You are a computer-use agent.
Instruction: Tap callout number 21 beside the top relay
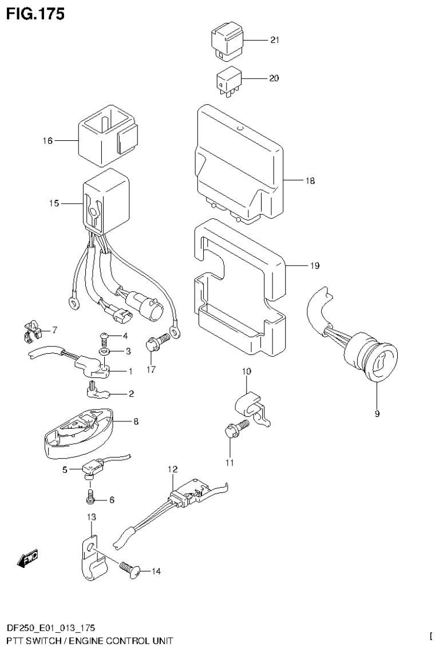tap(274, 40)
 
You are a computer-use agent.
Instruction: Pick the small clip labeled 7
tap(33, 331)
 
